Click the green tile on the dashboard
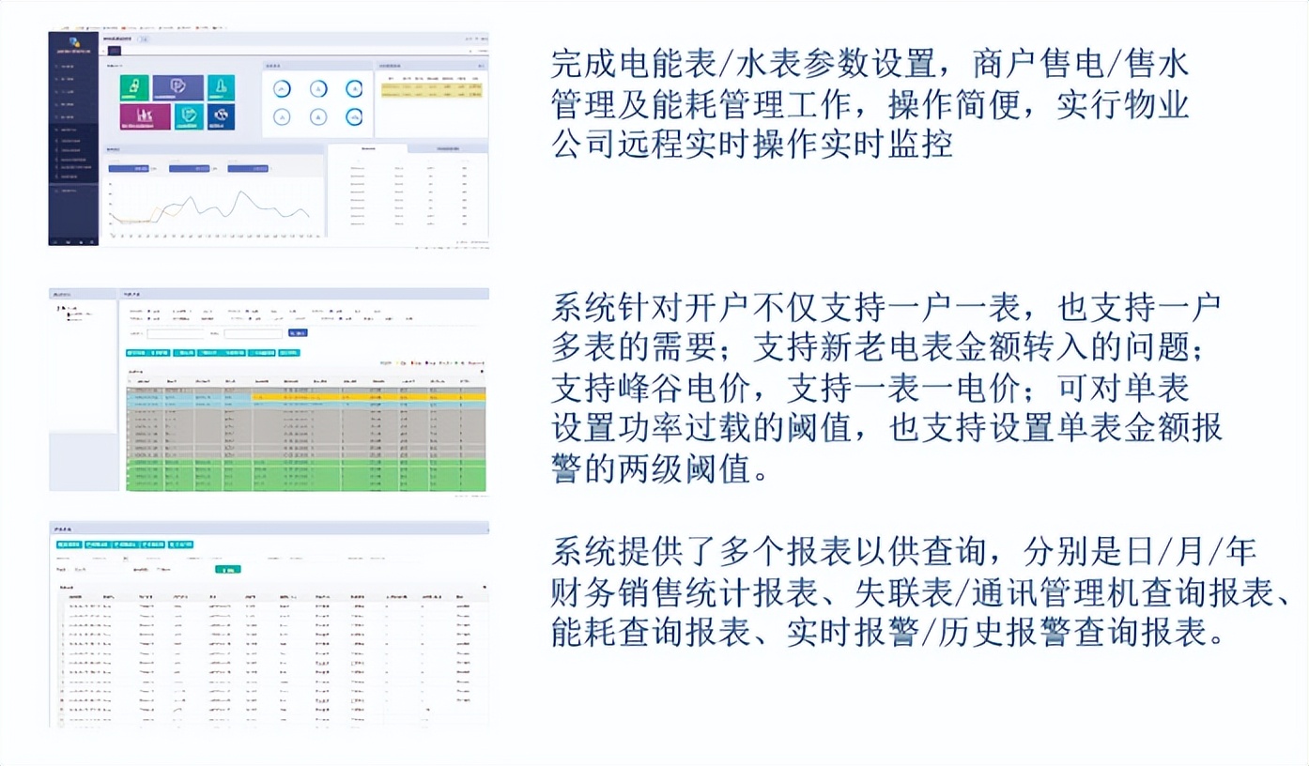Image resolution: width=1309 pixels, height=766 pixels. [x=133, y=87]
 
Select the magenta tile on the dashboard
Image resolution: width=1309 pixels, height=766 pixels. [x=145, y=116]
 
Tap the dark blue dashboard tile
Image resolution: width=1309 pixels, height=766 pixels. [x=222, y=116]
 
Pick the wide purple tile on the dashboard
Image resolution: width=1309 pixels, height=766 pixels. [x=177, y=87]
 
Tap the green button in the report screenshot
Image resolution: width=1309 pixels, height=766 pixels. [x=226, y=569]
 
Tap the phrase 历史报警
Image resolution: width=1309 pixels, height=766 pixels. [x=1004, y=632]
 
